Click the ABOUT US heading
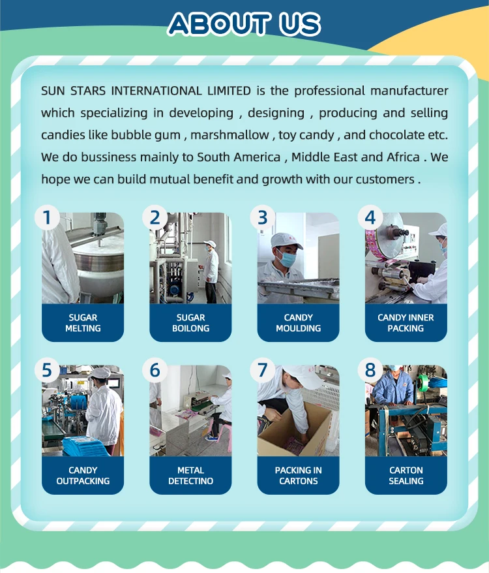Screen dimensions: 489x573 coord(244,24)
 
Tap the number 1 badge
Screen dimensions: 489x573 coord(47,217)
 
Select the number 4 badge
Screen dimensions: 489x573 coord(370,217)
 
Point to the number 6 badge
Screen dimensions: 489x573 coord(155,370)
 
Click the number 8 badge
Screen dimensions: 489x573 coord(370,370)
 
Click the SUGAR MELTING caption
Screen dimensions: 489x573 coord(83,322)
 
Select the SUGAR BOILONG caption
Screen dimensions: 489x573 coord(190,322)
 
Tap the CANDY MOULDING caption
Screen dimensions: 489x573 coord(299,322)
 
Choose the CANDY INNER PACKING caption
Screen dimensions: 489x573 coord(406,322)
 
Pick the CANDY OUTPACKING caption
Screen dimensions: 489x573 coord(83,475)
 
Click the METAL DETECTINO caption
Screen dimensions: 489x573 coord(190,475)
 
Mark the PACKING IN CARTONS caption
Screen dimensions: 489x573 coord(299,475)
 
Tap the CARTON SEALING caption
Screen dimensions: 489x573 coord(406,475)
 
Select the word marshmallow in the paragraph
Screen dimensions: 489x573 coord(230,135)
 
